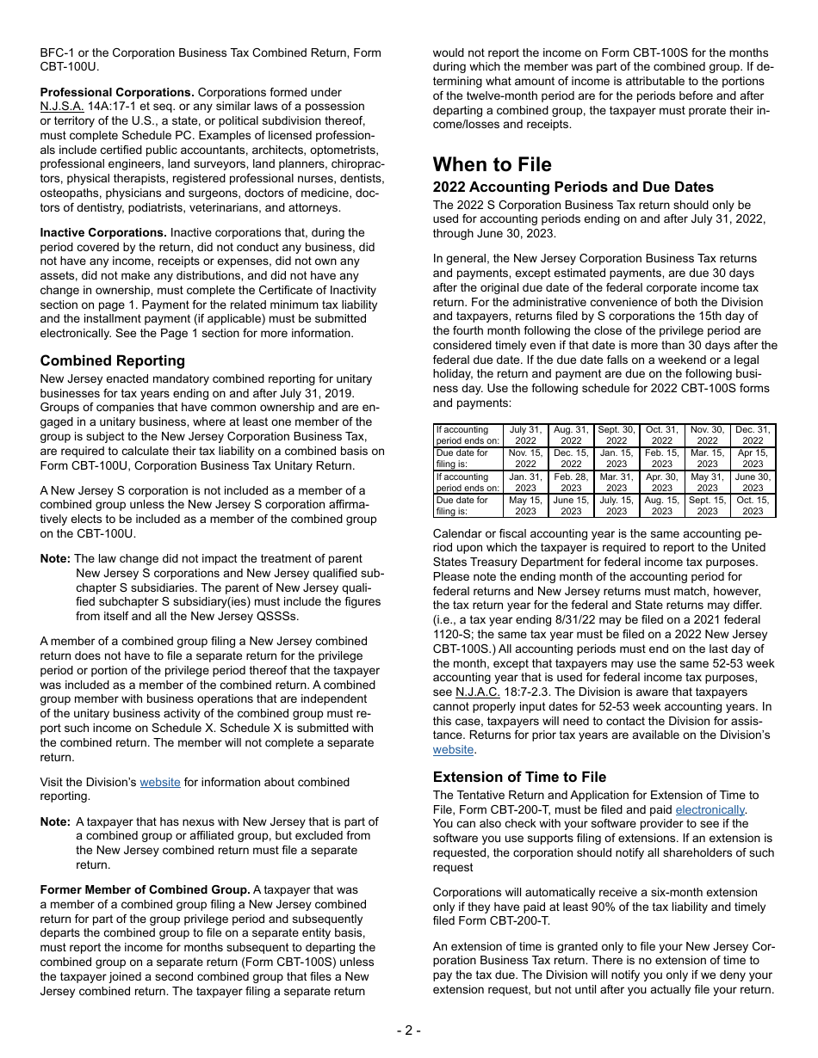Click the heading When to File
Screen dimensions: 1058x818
coord(492,164)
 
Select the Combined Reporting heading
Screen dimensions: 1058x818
coord(112,360)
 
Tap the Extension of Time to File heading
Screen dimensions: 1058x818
coord(519,777)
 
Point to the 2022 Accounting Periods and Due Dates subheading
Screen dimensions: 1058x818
coord(573,187)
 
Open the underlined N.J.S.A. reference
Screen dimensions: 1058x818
coord(62,107)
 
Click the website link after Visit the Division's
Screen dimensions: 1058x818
coord(160,782)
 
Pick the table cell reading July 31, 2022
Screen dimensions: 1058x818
coord(525,435)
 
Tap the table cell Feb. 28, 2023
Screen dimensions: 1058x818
coord(571,482)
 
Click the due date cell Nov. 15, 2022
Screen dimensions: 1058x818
coord(525,458)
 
